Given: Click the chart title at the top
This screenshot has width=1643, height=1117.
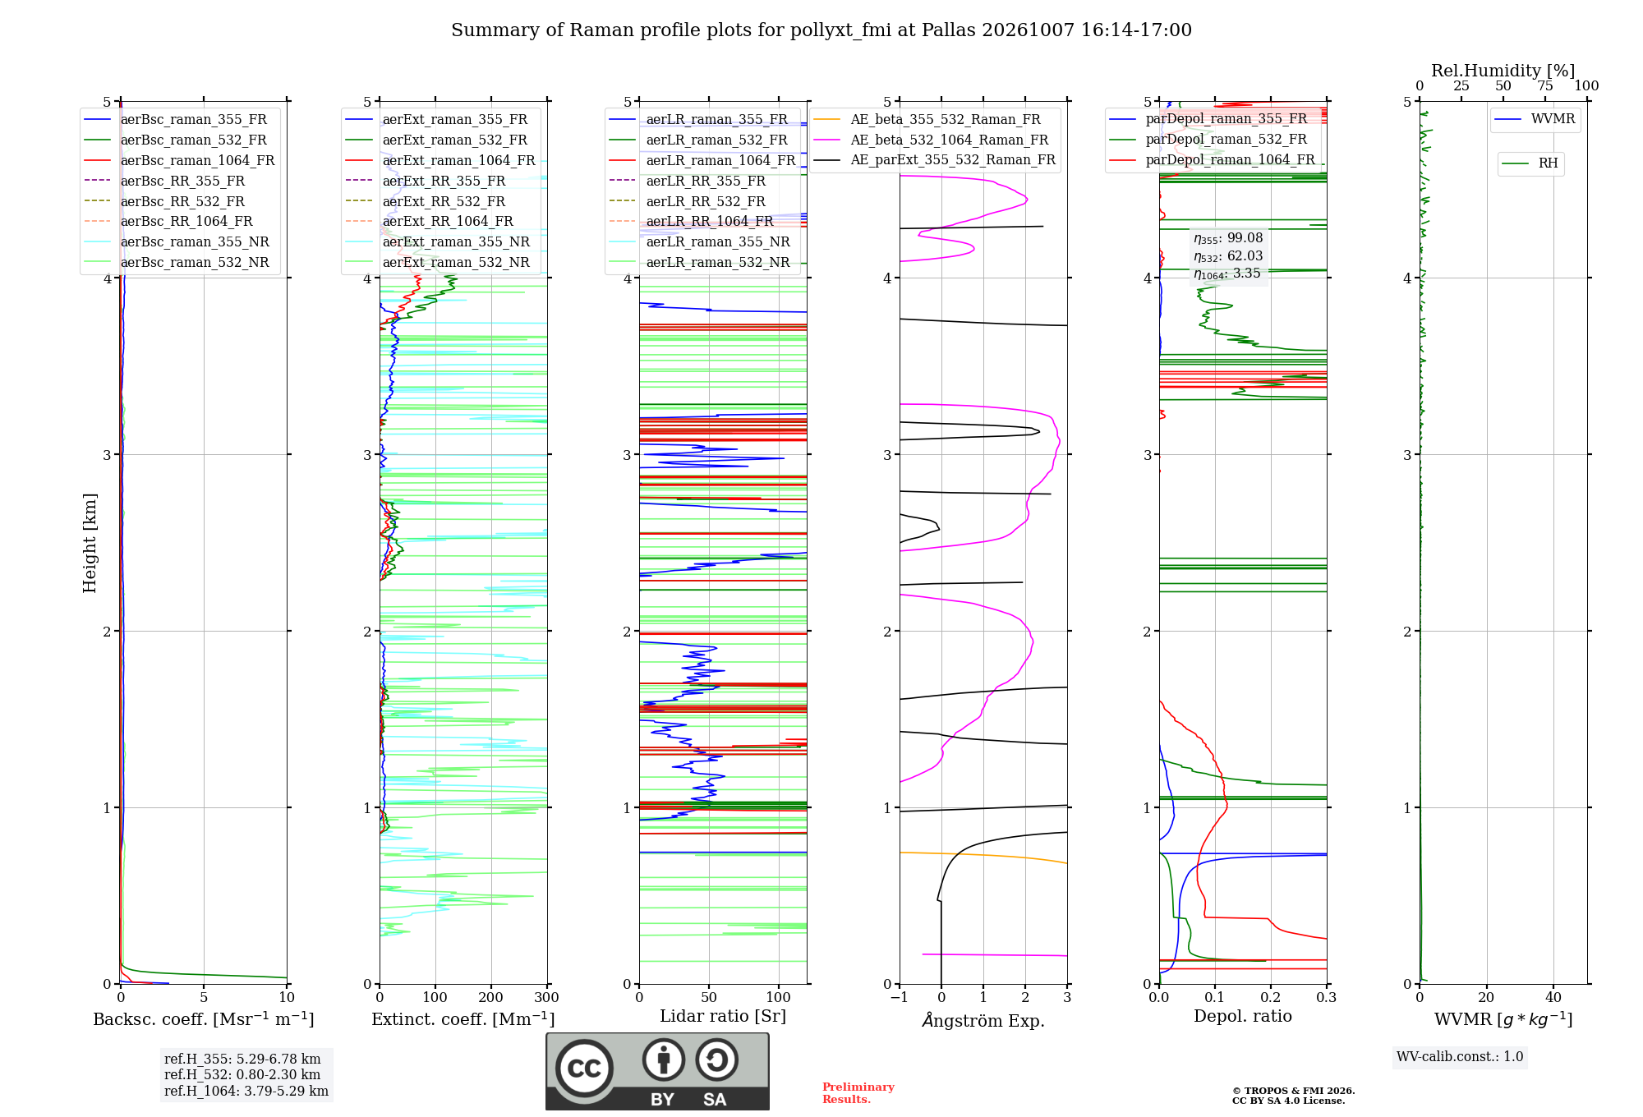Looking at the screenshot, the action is tap(821, 30).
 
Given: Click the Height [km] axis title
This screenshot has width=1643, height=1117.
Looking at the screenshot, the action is tap(90, 543).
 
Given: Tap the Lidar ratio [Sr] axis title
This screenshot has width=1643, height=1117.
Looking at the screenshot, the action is tap(723, 1016).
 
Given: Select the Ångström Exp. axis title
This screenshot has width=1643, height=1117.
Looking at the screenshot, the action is tap(983, 1020).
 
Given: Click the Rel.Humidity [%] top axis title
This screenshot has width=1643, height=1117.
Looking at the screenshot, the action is tap(1503, 71).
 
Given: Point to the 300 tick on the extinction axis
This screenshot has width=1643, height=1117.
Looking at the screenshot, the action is tap(547, 998).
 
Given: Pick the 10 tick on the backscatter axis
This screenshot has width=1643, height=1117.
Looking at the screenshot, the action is tap(287, 998).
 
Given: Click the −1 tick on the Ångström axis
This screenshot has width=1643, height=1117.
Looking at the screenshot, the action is tap(900, 998).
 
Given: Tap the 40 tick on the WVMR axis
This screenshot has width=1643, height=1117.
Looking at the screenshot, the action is tap(1553, 998).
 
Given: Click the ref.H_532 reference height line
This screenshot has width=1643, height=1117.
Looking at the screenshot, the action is tap(242, 1074).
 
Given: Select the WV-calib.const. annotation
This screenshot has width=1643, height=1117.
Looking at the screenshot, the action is tap(1460, 1057).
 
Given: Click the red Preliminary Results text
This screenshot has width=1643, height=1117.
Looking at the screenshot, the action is tap(858, 1093).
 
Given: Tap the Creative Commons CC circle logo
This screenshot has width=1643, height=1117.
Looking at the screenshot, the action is tap(584, 1069).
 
